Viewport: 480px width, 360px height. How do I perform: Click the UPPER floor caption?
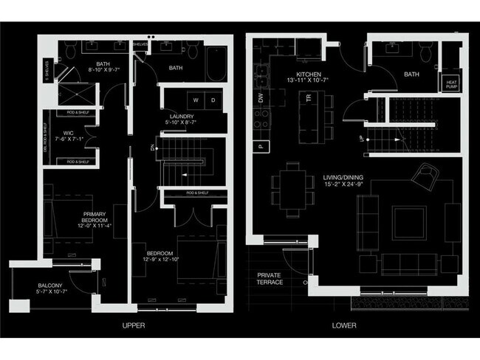pos(133,325)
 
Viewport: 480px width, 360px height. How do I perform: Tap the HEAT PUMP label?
pos(451,85)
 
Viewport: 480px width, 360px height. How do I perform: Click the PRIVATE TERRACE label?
pos(270,278)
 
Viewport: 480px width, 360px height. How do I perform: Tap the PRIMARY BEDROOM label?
pos(95,218)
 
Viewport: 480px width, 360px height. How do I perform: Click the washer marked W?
pos(196,100)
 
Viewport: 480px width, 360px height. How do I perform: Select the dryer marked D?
pos(213,100)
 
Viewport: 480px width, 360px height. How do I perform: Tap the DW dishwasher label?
pos(261,97)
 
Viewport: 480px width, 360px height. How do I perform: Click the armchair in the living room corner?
pos(427,177)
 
